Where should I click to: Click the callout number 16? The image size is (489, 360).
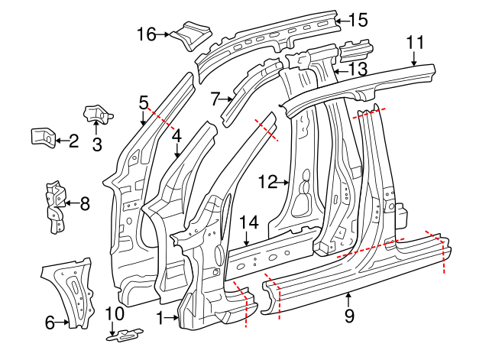click(x=146, y=34)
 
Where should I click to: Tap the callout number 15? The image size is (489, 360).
click(x=358, y=20)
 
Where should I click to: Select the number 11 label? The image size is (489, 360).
click(x=414, y=42)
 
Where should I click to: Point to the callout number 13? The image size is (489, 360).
click(x=358, y=70)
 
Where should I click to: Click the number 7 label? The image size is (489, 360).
click(x=215, y=97)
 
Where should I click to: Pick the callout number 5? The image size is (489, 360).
click(x=144, y=102)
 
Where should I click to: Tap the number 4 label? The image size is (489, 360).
click(x=176, y=137)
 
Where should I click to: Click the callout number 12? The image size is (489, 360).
click(x=267, y=182)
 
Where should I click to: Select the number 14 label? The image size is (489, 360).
click(x=249, y=223)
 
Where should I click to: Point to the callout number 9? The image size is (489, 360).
click(x=349, y=314)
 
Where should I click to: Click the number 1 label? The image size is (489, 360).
click(x=160, y=315)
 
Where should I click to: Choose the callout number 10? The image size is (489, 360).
click(x=114, y=313)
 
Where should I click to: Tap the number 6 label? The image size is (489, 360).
click(x=50, y=323)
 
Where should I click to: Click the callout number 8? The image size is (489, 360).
click(x=84, y=203)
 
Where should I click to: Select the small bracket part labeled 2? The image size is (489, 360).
click(x=42, y=137)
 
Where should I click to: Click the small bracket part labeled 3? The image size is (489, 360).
click(x=97, y=114)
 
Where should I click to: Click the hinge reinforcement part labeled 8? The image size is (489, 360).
click(x=53, y=205)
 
